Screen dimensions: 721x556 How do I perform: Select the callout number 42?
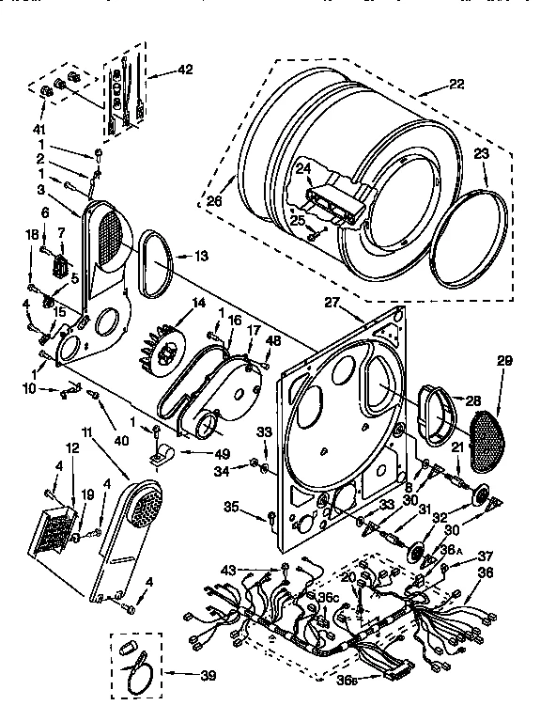pos(184,69)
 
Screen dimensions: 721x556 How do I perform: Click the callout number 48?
pos(272,339)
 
